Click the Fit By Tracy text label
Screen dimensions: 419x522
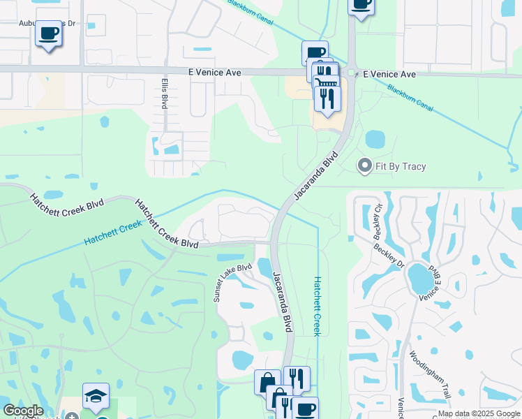point(401,166)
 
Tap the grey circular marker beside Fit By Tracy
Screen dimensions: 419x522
point(364,166)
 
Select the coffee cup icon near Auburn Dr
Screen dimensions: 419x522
point(48,33)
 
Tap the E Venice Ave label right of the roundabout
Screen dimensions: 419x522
point(389,74)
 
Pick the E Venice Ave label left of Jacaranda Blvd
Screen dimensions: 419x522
point(214,72)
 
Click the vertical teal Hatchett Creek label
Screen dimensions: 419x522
point(316,306)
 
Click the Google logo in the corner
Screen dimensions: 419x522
point(22,411)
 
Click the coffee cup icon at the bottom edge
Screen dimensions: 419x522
point(304,409)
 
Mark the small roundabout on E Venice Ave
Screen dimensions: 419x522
point(352,73)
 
